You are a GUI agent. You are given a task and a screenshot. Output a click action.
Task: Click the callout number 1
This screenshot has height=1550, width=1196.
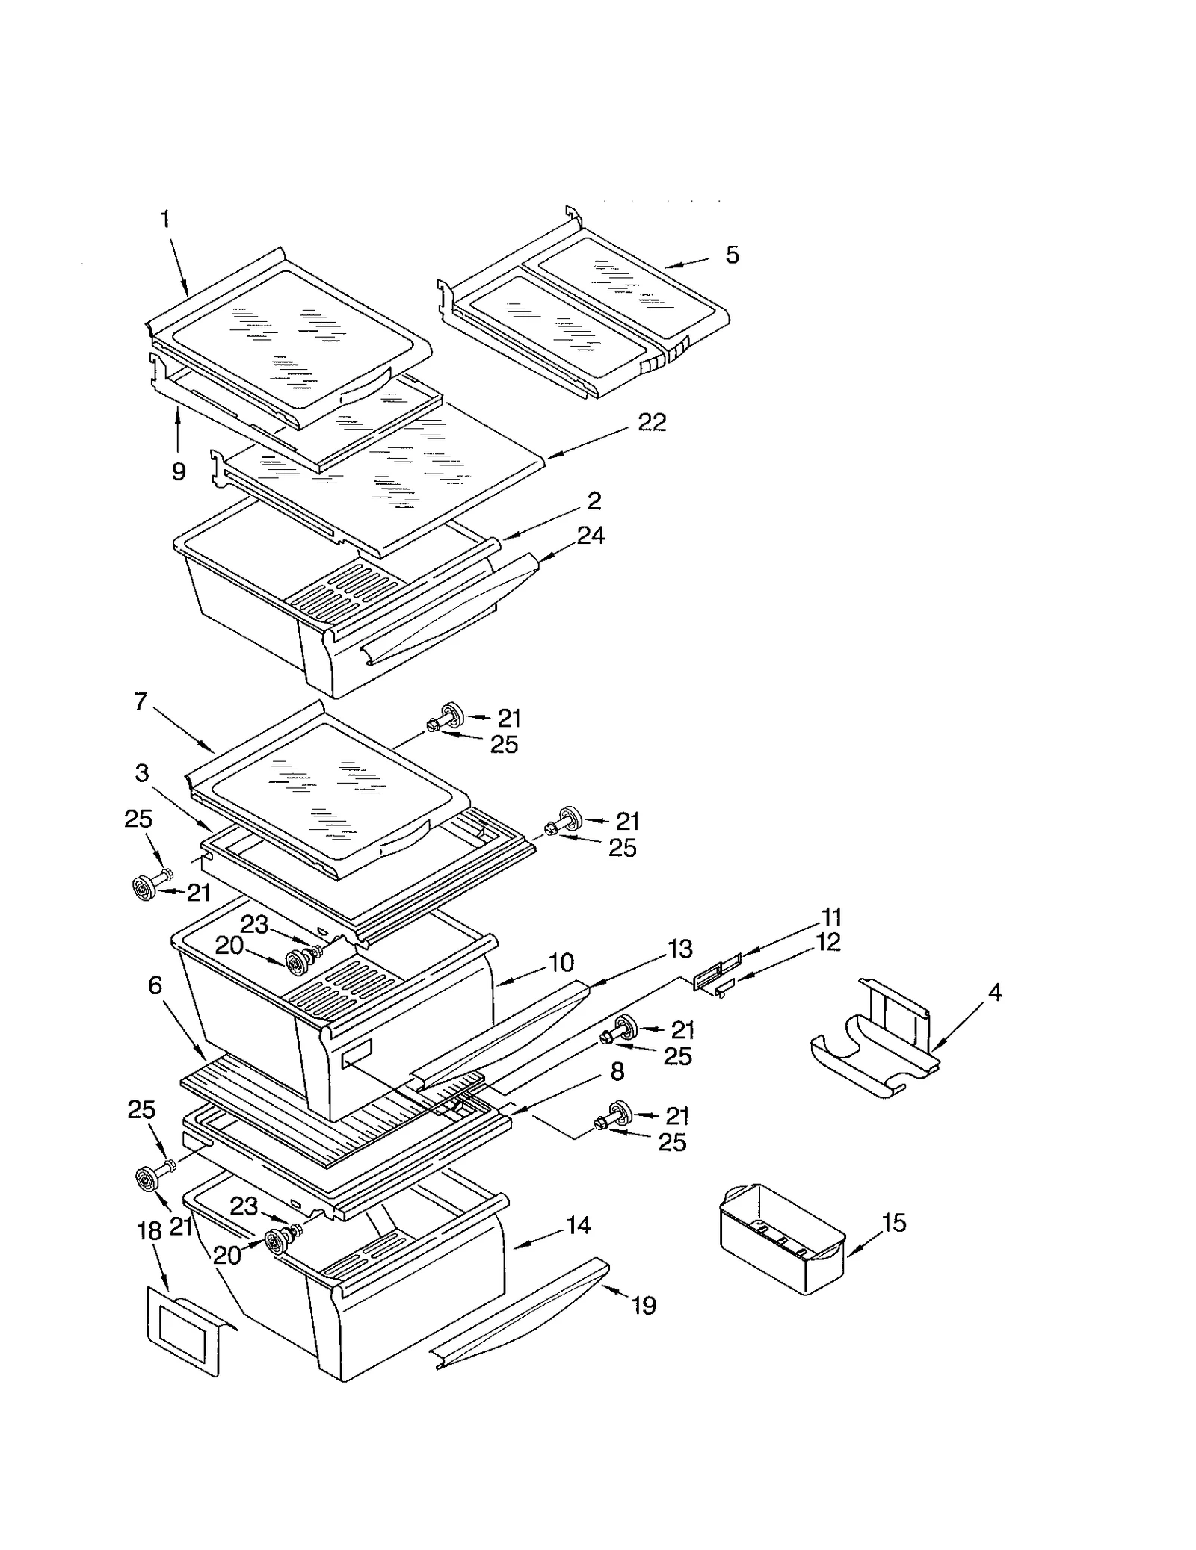click(165, 219)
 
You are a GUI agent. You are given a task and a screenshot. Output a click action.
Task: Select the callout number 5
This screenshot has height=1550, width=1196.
click(732, 255)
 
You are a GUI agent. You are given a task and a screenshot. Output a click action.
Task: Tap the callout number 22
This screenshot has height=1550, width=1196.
click(651, 422)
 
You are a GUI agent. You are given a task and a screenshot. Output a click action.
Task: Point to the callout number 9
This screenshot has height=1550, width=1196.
click(178, 471)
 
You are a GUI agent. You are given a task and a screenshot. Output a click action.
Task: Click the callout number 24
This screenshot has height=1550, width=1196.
click(591, 535)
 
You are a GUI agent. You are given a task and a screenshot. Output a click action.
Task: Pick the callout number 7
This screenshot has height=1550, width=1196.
click(141, 701)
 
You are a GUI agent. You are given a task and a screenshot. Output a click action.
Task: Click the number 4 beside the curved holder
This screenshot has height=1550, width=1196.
click(994, 992)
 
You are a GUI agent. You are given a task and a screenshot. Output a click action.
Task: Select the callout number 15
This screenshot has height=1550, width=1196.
click(893, 1223)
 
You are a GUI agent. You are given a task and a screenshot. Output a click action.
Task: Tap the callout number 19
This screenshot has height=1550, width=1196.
click(644, 1306)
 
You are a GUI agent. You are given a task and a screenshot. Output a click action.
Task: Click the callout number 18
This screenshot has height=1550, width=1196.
click(149, 1230)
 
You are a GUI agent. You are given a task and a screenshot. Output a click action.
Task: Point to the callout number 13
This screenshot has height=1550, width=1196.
click(680, 949)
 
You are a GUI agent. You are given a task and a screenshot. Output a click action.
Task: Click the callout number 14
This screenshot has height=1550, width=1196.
click(578, 1226)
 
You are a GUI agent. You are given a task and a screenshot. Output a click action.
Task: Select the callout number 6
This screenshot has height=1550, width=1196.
click(155, 985)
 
